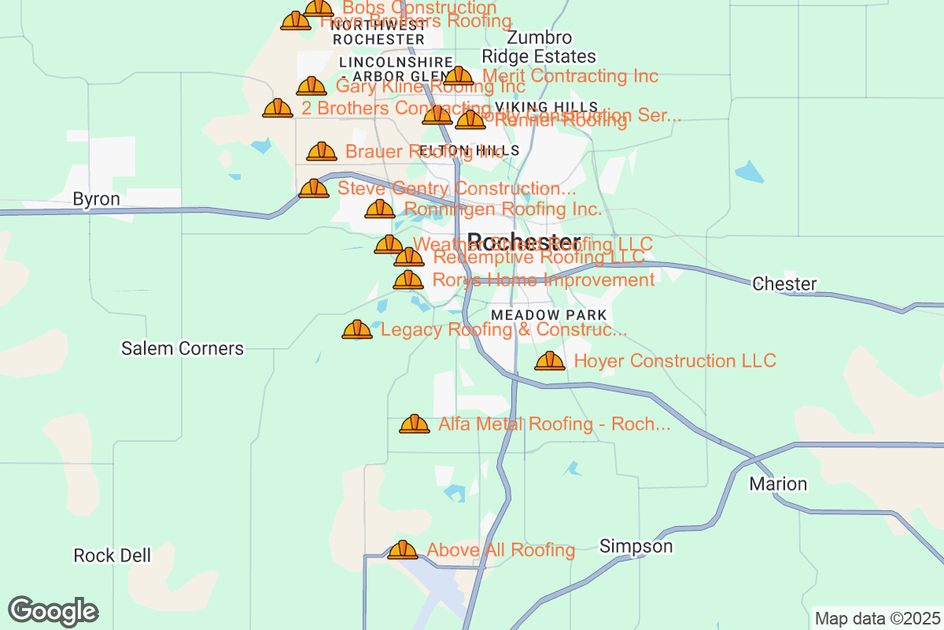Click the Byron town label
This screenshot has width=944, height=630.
(x=96, y=199)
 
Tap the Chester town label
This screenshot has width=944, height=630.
(x=784, y=283)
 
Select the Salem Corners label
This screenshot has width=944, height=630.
(x=183, y=348)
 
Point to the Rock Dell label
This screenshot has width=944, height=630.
(x=112, y=556)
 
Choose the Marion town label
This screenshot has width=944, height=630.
(x=778, y=484)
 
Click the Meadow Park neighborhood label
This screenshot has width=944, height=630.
(x=548, y=315)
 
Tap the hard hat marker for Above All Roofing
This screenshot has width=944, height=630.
(x=403, y=550)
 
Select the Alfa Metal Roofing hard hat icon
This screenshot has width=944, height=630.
(x=415, y=424)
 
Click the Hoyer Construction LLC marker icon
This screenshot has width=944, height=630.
(x=550, y=361)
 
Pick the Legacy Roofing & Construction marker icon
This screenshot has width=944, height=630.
(x=357, y=330)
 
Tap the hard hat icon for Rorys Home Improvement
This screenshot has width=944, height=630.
(x=407, y=280)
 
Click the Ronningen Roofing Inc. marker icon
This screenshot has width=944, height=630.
(x=380, y=209)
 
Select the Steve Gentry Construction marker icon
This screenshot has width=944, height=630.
(x=314, y=189)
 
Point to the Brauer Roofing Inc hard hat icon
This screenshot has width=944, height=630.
(x=322, y=152)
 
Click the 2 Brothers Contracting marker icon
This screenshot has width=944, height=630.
(x=278, y=109)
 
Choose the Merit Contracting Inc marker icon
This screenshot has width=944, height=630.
(x=459, y=76)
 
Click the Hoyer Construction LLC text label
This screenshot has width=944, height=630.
(x=675, y=361)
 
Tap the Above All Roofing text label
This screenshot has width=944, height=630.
(x=500, y=550)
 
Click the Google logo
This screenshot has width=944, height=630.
(x=53, y=611)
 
